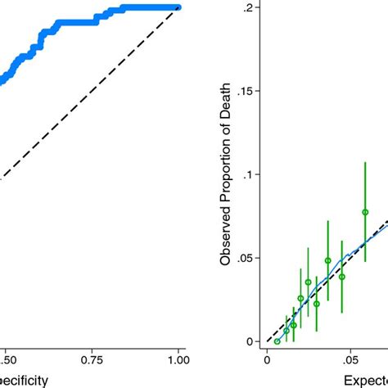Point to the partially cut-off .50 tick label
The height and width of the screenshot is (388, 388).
pos(7,358)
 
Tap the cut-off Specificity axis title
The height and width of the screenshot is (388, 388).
pos(25,379)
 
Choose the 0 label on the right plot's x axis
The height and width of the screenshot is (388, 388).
pos(266,358)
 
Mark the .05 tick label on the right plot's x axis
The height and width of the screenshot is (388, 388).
pos(350,358)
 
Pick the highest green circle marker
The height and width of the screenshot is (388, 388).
pos(365,212)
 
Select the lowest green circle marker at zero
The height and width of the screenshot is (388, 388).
pos(277,341)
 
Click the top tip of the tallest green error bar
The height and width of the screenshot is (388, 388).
pos(365,162)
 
